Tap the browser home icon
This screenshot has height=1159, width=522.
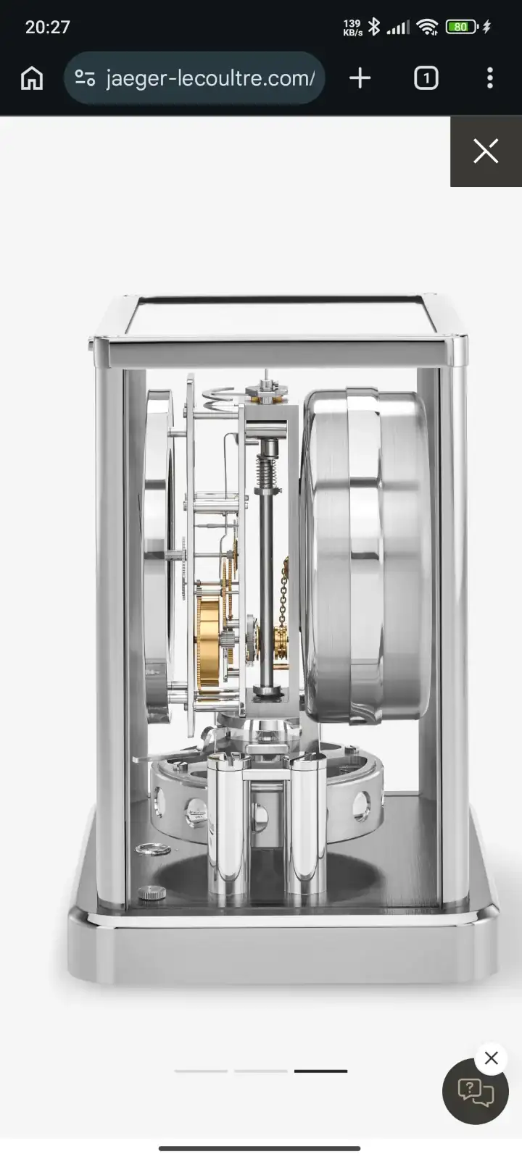point(32,78)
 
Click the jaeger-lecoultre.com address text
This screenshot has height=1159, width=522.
point(210,78)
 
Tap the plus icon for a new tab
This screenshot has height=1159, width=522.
point(360,78)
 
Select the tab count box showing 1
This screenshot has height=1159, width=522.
point(426,78)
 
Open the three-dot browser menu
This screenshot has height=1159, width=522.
point(490,78)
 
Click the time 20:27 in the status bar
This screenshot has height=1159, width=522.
point(48,27)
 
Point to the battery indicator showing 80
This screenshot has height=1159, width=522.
point(461,26)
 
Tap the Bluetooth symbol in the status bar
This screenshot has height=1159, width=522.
point(374,26)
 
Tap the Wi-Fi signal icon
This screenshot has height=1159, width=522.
point(427,26)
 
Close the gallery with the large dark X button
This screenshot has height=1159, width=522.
point(486,151)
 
